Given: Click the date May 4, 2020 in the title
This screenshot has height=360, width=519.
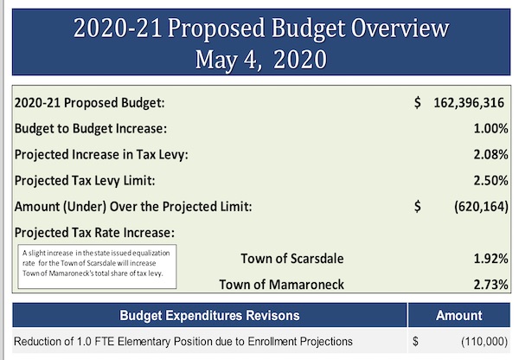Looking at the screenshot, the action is tap(261, 60).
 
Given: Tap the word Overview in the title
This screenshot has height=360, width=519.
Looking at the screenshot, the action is tap(400, 28).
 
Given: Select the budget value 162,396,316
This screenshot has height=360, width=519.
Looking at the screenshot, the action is tap(469, 103).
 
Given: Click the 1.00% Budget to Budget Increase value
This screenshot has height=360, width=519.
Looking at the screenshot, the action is tap(490, 128).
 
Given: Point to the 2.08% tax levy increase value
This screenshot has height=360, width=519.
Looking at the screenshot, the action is tap(490, 154).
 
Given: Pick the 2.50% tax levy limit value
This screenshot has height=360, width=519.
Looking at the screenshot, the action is tap(490, 181).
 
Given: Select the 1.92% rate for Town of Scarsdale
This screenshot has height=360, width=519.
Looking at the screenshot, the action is tap(490, 259).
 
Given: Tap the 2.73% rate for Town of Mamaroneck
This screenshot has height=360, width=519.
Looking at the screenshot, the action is tap(490, 285).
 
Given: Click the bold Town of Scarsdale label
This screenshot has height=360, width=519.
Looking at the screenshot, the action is tap(292, 259).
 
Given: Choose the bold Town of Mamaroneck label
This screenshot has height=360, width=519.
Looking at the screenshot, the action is tap(282, 285).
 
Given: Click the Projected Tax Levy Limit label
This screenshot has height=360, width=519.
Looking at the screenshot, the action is tap(85, 181).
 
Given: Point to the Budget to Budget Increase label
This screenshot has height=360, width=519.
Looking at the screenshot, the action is tap(91, 128).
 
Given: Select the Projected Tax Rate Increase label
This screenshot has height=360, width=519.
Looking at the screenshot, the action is tap(94, 233).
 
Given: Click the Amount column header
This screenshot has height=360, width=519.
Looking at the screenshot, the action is tap(459, 315).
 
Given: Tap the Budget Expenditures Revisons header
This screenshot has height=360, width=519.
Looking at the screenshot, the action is tap(209, 315).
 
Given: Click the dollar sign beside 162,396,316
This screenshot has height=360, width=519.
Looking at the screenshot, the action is tap(418, 103).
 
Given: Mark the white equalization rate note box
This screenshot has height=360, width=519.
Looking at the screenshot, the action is tap(97, 267).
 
